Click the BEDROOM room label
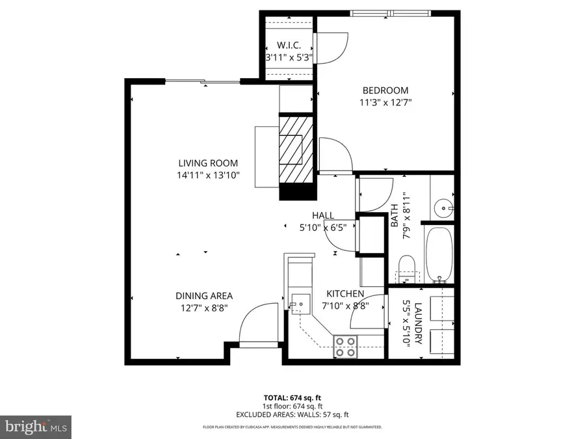385,90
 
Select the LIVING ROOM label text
209,163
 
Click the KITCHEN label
345,294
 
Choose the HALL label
323,215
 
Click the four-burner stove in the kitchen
345,346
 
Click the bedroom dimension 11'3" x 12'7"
385,102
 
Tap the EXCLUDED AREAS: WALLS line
292,414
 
